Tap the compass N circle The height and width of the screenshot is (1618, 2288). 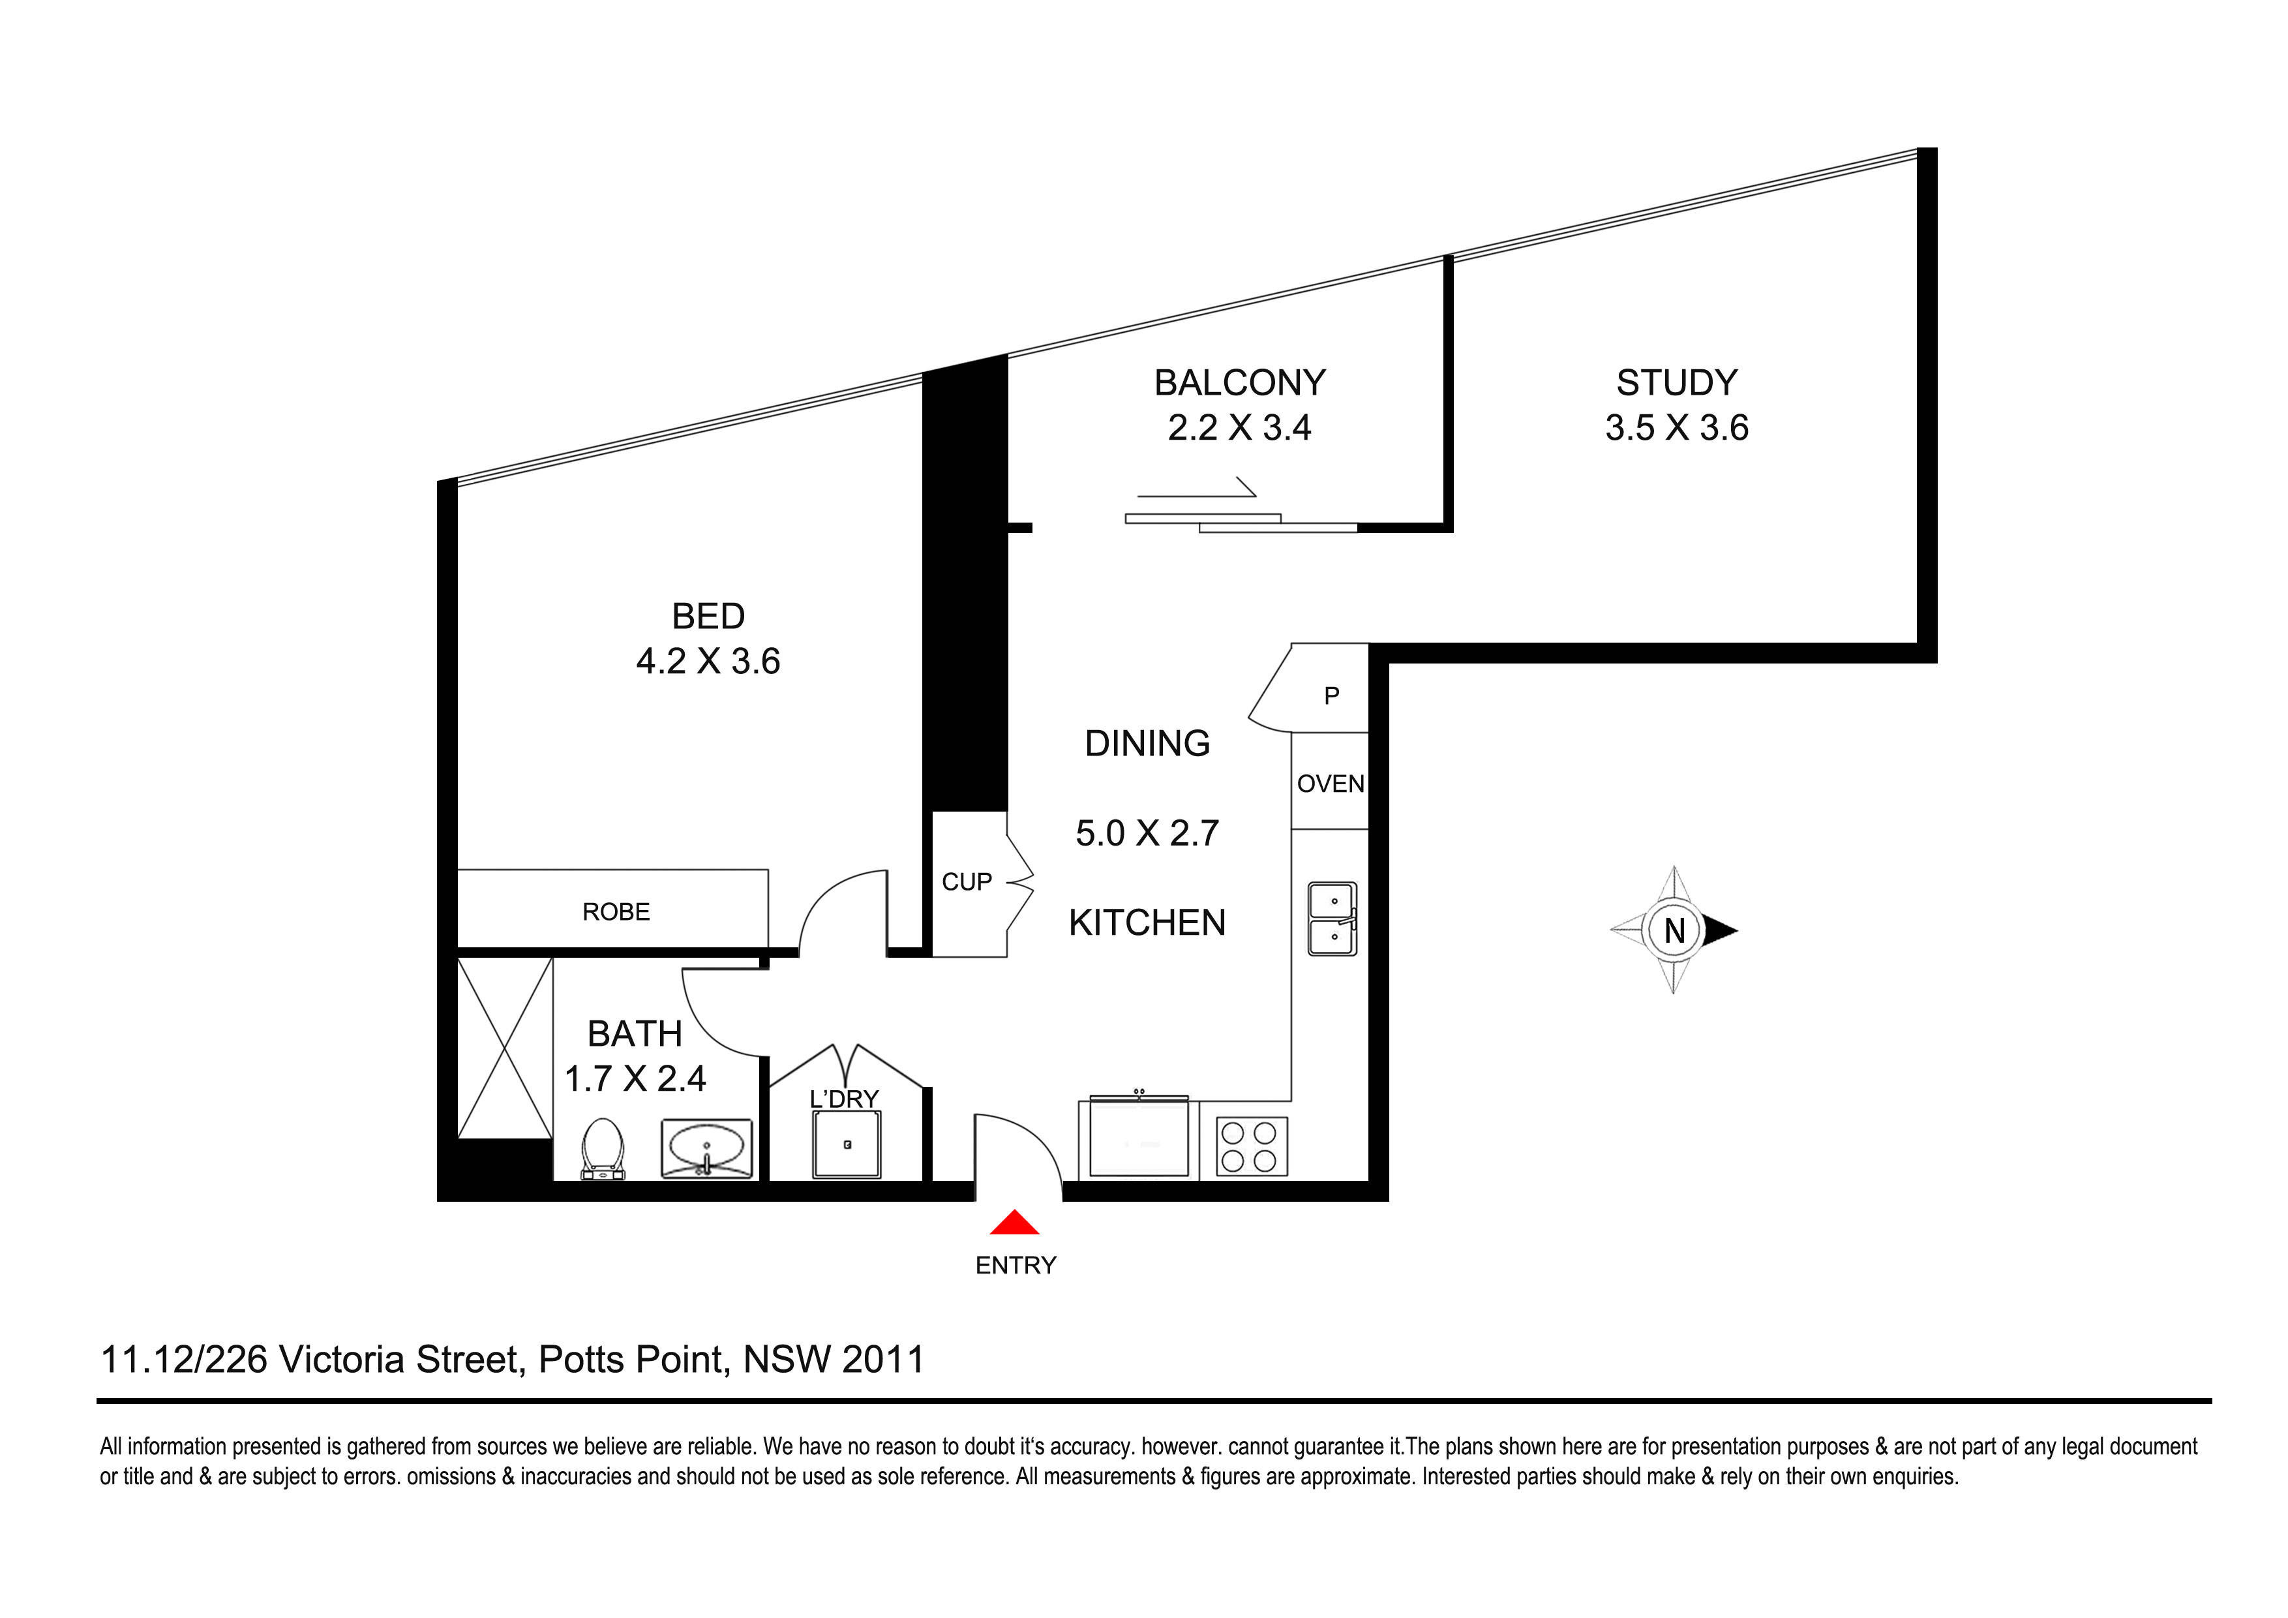(1674, 930)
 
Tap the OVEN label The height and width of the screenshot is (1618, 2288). (1331, 784)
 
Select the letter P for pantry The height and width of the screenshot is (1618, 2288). (1331, 696)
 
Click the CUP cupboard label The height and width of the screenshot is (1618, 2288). (967, 881)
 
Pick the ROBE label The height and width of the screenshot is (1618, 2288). (616, 911)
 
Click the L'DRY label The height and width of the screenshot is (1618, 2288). (844, 1099)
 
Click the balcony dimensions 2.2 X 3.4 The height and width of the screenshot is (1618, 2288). (1240, 428)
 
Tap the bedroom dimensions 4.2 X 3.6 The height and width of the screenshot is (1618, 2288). (708, 661)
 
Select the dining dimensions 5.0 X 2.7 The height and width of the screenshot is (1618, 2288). (1147, 832)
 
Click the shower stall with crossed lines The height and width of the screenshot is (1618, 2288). (504, 1048)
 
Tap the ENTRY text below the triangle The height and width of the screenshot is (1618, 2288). (1016, 1265)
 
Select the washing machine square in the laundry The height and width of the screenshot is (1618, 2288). (847, 1144)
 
